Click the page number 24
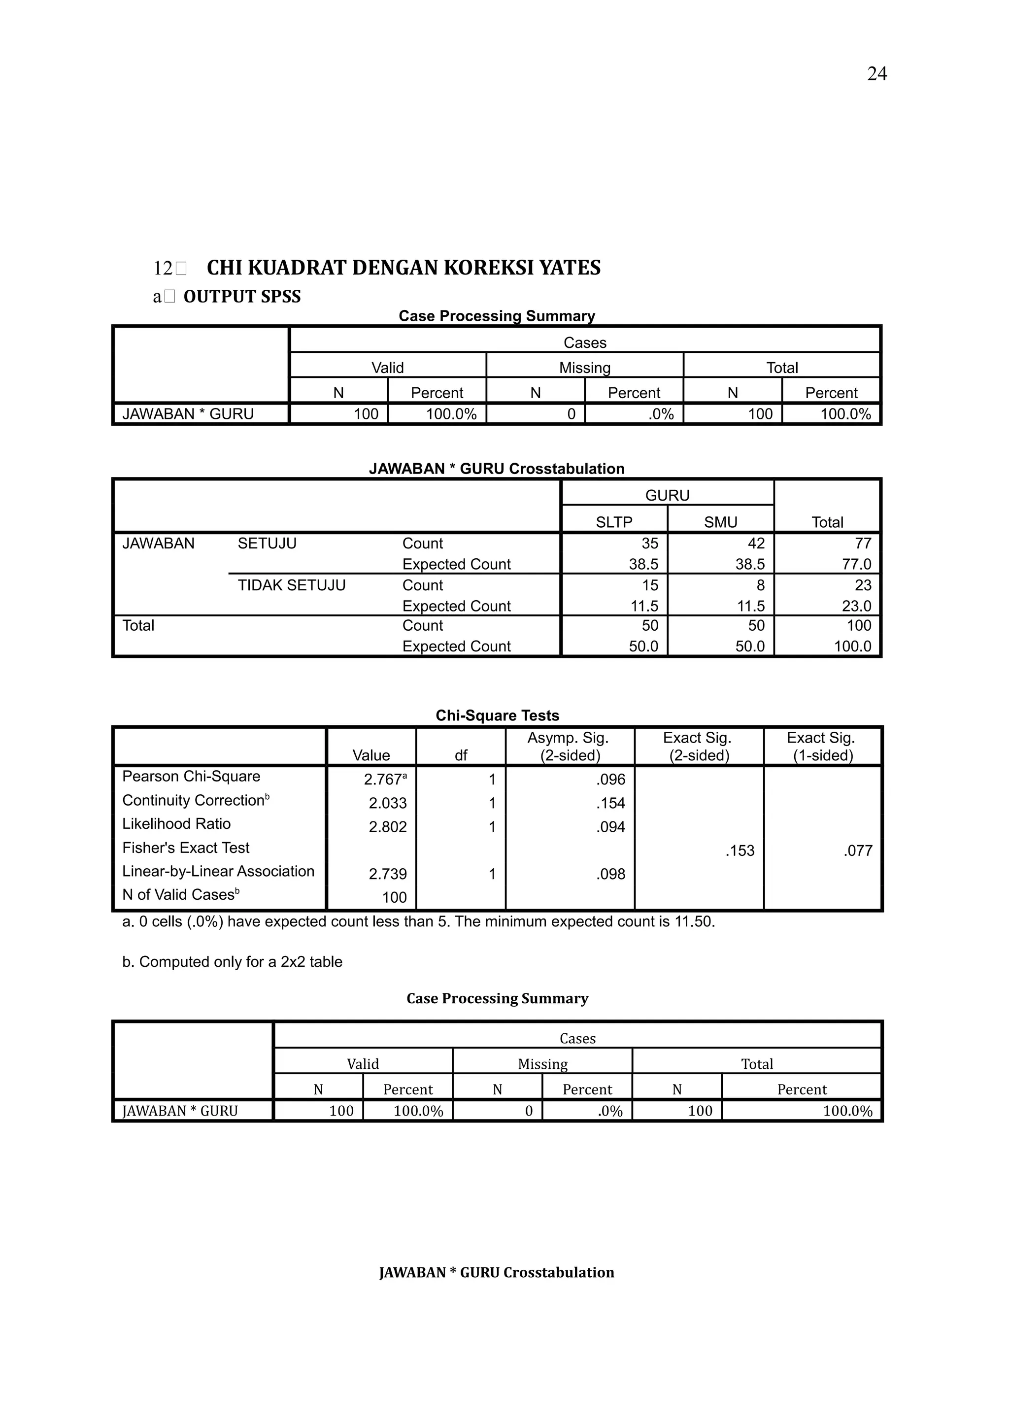tap(876, 74)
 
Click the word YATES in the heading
tap(570, 268)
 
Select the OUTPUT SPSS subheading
tap(242, 297)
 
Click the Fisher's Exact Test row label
tap(185, 848)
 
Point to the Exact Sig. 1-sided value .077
tap(858, 851)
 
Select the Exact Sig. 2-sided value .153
tap(740, 851)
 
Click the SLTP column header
tap(613, 522)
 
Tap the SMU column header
tap(720, 522)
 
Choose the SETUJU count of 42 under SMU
tap(756, 544)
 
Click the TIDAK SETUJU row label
tap(291, 585)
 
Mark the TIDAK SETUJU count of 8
tap(760, 585)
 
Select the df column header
tap(461, 756)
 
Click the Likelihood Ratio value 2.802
tap(387, 827)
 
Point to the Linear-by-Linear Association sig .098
tap(610, 875)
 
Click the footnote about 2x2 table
tap(232, 962)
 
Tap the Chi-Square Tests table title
tap(497, 716)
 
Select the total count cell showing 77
tap(862, 544)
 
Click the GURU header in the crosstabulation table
tap(667, 496)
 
